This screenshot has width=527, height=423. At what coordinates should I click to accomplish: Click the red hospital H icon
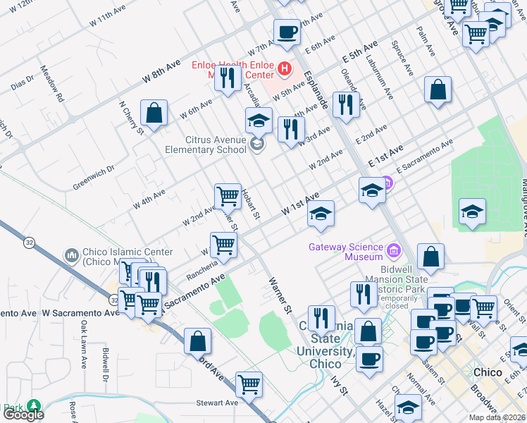(285, 68)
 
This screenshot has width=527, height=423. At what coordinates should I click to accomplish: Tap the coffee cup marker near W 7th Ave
(286, 33)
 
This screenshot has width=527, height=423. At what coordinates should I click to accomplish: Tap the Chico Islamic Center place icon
(71, 255)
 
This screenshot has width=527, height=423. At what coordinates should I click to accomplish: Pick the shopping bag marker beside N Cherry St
(154, 113)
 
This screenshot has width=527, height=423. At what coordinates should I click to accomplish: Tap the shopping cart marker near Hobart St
(228, 195)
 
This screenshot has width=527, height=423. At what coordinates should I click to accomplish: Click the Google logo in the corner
(23, 415)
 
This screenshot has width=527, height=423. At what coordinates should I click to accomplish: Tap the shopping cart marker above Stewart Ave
(249, 384)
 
